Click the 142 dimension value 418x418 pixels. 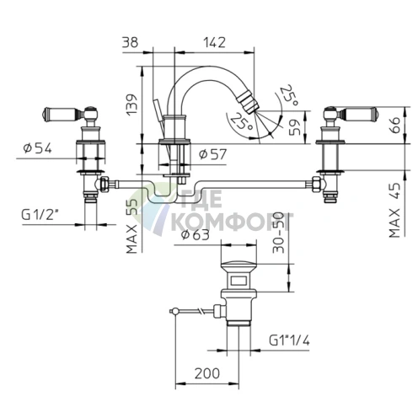point(214,43)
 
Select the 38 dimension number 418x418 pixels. point(131,43)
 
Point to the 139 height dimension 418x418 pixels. point(131,104)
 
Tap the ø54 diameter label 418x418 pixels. point(38,147)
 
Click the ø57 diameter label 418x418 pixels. point(212,154)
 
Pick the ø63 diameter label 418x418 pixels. point(196,235)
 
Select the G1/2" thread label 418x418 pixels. point(40,215)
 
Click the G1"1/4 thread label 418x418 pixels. point(289,340)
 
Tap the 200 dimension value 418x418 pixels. point(207,373)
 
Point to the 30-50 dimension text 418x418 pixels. point(279,233)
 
